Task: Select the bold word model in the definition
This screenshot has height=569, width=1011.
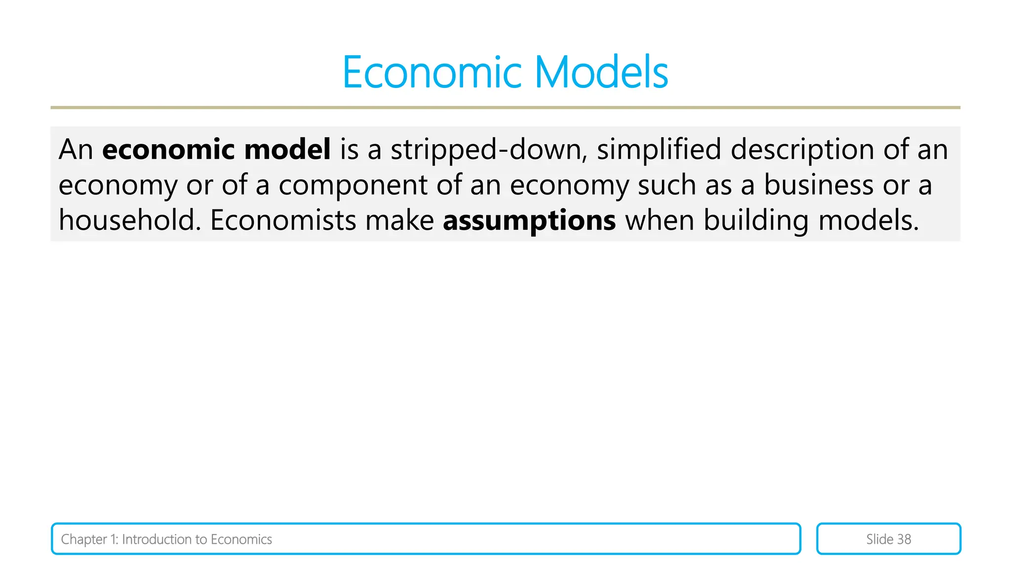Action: (x=287, y=149)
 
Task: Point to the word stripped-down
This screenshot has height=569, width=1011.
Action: (x=489, y=150)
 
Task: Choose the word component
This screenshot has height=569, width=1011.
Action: (x=352, y=185)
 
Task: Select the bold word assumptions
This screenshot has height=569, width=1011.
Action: (x=529, y=221)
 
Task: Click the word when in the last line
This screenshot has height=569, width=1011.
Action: (x=660, y=220)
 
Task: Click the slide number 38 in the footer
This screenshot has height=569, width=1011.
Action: (x=903, y=539)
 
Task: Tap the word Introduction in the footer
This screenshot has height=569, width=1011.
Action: (x=157, y=539)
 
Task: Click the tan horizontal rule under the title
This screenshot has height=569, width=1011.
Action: (x=505, y=107)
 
